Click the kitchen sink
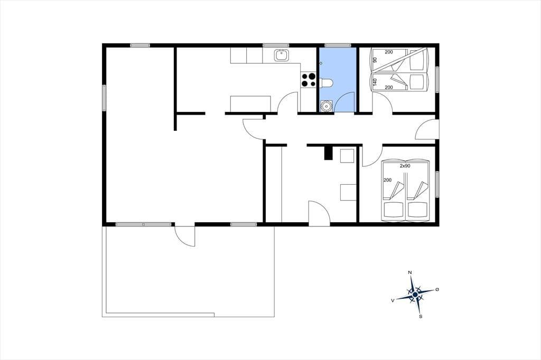(282, 55)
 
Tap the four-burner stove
(309, 80)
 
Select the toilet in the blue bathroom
(327, 83)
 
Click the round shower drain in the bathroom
(326, 106)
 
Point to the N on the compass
(410, 272)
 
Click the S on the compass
(420, 316)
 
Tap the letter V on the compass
(393, 301)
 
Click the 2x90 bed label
(405, 166)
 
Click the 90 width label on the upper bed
(375, 60)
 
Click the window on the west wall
(104, 98)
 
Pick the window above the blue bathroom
(338, 45)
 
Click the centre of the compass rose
(415, 295)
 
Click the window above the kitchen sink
(276, 45)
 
